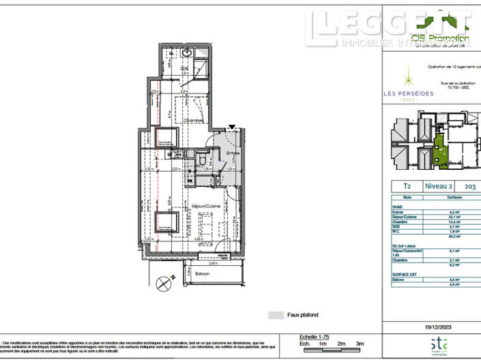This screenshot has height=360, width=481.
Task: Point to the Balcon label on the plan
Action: coord(203,273)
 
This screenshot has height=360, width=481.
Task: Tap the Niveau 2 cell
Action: coord(439,185)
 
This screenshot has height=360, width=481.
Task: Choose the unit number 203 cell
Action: coord(470,185)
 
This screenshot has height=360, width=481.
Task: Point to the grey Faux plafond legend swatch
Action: coord(276,315)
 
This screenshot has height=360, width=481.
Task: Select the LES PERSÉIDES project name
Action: coord(408,94)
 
